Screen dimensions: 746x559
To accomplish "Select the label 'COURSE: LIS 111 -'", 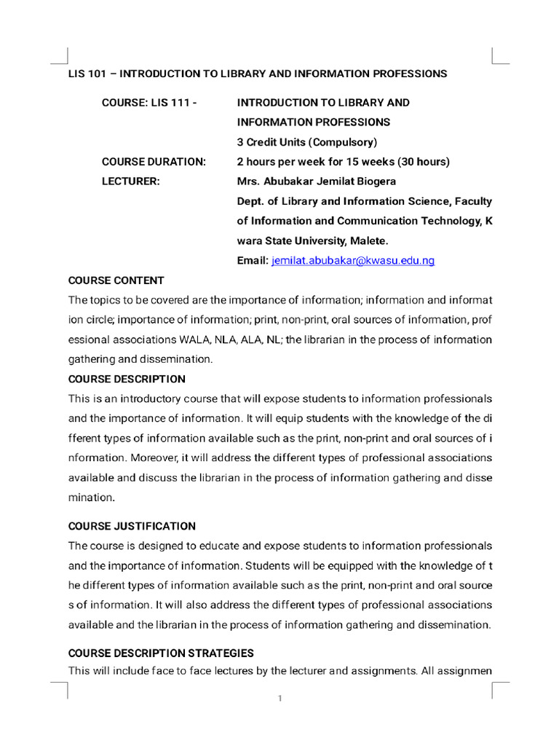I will (149, 103).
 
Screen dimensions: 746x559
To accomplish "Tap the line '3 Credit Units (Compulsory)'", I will (307, 142).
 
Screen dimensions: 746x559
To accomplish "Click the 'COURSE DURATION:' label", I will (154, 162).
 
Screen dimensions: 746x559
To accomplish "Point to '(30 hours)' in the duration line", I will (425, 162).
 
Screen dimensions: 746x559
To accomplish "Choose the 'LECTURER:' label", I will (130, 181).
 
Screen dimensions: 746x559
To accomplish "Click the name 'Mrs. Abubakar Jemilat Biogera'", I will (317, 181).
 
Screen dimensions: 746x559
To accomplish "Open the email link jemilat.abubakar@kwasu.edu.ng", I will (352, 261).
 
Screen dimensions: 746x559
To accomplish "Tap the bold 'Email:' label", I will (253, 261).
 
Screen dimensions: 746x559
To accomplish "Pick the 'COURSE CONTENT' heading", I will (116, 280).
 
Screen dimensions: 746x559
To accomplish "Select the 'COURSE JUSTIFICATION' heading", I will (132, 526).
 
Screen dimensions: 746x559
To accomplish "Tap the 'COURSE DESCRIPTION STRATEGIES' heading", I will (161, 653).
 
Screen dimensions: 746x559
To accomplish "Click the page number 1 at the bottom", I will (279, 699).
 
